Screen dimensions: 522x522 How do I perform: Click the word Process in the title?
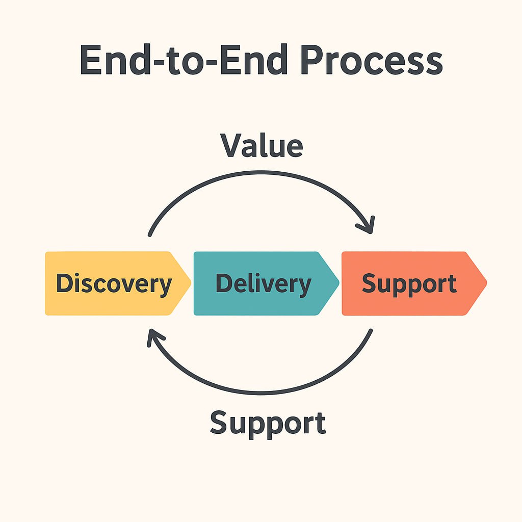coord(372,60)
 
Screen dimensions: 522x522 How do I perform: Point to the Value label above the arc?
coord(262,145)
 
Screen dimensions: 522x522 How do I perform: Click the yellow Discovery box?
coord(118,283)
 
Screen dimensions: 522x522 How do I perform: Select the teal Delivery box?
coord(266,283)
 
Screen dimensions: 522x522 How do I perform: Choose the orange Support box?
coord(414,283)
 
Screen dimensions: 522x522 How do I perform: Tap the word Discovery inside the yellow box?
coord(114,284)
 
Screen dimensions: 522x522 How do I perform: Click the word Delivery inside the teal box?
coord(264,284)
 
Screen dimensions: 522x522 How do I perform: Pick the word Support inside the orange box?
coord(409,284)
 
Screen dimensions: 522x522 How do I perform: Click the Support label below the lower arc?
coord(268,424)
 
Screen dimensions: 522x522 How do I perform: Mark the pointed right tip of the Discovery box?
coord(191,283)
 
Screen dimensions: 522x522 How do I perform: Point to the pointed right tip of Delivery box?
coord(339,283)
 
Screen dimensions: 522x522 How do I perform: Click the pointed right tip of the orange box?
coord(487,283)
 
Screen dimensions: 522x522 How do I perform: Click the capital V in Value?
coord(232,145)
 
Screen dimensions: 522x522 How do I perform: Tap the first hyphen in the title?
coord(158,62)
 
